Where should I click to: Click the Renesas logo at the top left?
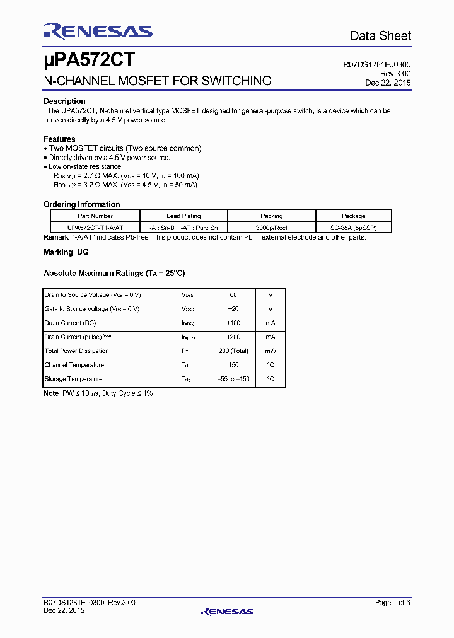pos(98,32)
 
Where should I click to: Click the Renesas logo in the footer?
pos(226,610)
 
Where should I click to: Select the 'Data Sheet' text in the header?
pos(380,36)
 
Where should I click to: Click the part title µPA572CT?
pos(88,61)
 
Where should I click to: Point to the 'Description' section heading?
pos(64,101)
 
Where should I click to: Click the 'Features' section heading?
pos(59,139)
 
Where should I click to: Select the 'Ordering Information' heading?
pos(81,204)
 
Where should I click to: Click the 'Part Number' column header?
pos(95,216)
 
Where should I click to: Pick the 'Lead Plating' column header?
pos(183,216)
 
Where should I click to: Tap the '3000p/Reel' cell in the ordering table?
pos(272,227)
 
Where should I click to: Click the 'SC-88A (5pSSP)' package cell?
pos(353,227)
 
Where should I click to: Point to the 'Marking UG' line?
pos(66,252)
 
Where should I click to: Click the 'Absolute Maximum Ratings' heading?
pos(113,274)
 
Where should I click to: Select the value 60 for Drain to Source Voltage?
pos(233,295)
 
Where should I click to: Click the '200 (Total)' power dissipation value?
pos(233,351)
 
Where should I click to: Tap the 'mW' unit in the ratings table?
pos(270,351)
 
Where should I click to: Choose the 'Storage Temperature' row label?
pos(73,379)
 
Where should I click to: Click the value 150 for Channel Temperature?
pos(233,365)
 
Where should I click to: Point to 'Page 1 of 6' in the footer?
pos(392,603)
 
